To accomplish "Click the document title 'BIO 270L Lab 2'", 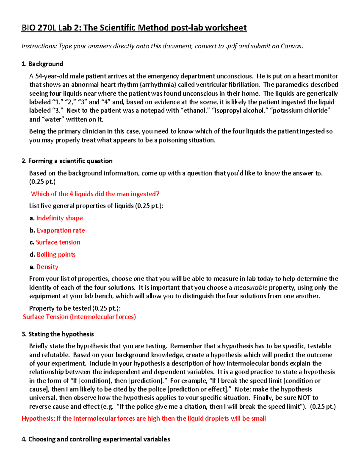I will (51, 28).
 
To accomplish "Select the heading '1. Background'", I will (42, 64).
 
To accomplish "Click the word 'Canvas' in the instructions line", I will (291, 46).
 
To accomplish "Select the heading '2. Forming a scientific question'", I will (67, 161).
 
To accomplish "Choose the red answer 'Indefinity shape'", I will (59, 218).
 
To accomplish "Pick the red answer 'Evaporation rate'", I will (61, 230).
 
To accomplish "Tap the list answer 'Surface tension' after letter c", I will (58, 242).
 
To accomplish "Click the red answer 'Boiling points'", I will (56, 254).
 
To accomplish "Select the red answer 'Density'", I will (47, 267).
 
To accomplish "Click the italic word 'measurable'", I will (250, 287).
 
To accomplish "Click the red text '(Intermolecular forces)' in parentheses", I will (103, 317).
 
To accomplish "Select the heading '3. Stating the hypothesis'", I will (58, 334).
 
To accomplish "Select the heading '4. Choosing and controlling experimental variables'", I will (96, 439).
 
